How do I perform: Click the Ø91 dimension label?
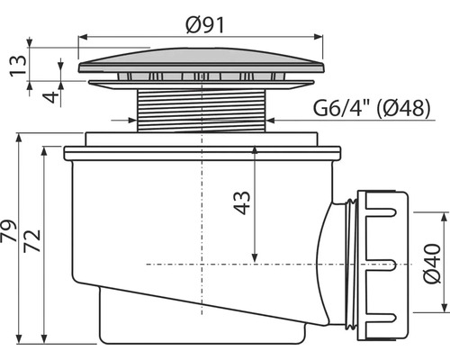[205, 25]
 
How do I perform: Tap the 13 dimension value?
[18, 66]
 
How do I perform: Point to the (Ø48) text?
[402, 108]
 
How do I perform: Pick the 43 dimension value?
[242, 202]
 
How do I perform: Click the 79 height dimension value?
[8, 230]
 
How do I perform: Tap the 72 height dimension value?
[32, 240]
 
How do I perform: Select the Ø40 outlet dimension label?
[432, 264]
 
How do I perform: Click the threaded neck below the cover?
[202, 111]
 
